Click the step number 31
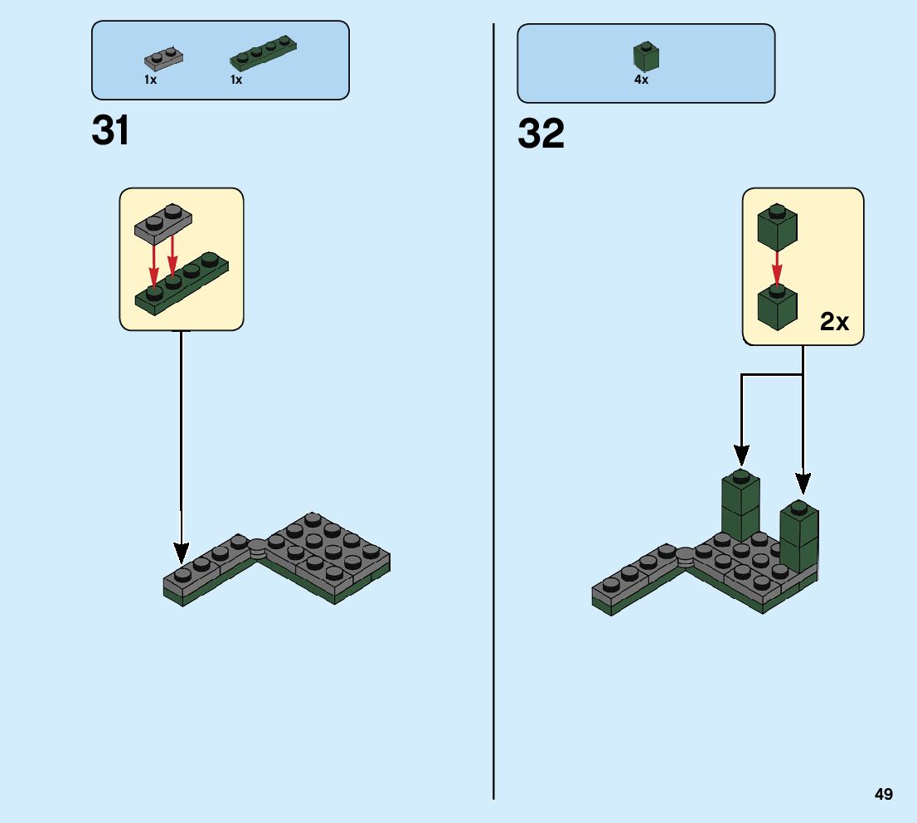pyautogui.click(x=111, y=130)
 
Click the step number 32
pyautogui.click(x=541, y=134)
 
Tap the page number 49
pyautogui.click(x=883, y=794)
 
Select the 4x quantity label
pyautogui.click(x=641, y=80)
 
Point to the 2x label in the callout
pyautogui.click(x=834, y=322)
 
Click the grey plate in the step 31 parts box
pyautogui.click(x=163, y=58)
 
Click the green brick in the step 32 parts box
pyautogui.click(x=646, y=56)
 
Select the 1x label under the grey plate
pyautogui.click(x=150, y=80)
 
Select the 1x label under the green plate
pyautogui.click(x=236, y=80)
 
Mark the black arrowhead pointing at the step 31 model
pyautogui.click(x=181, y=553)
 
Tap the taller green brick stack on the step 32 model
pyautogui.click(x=740, y=508)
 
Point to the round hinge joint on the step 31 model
pyautogui.click(x=258, y=546)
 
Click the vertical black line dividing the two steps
pyautogui.click(x=493, y=415)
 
